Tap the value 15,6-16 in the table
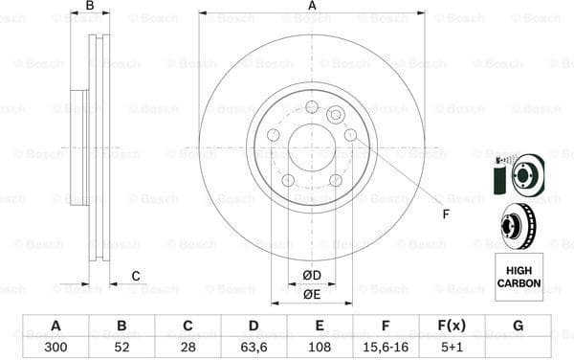click(386, 348)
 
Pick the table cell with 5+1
click(452, 348)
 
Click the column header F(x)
click(452, 326)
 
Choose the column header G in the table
click(518, 326)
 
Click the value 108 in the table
click(320, 348)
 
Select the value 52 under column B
click(121, 348)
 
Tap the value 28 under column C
click(188, 348)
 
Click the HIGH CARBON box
click(518, 277)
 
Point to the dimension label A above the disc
click(312, 6)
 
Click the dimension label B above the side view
click(90, 6)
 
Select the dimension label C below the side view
click(136, 277)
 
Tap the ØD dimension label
click(312, 277)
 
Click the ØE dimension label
click(312, 294)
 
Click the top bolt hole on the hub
click(312, 106)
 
